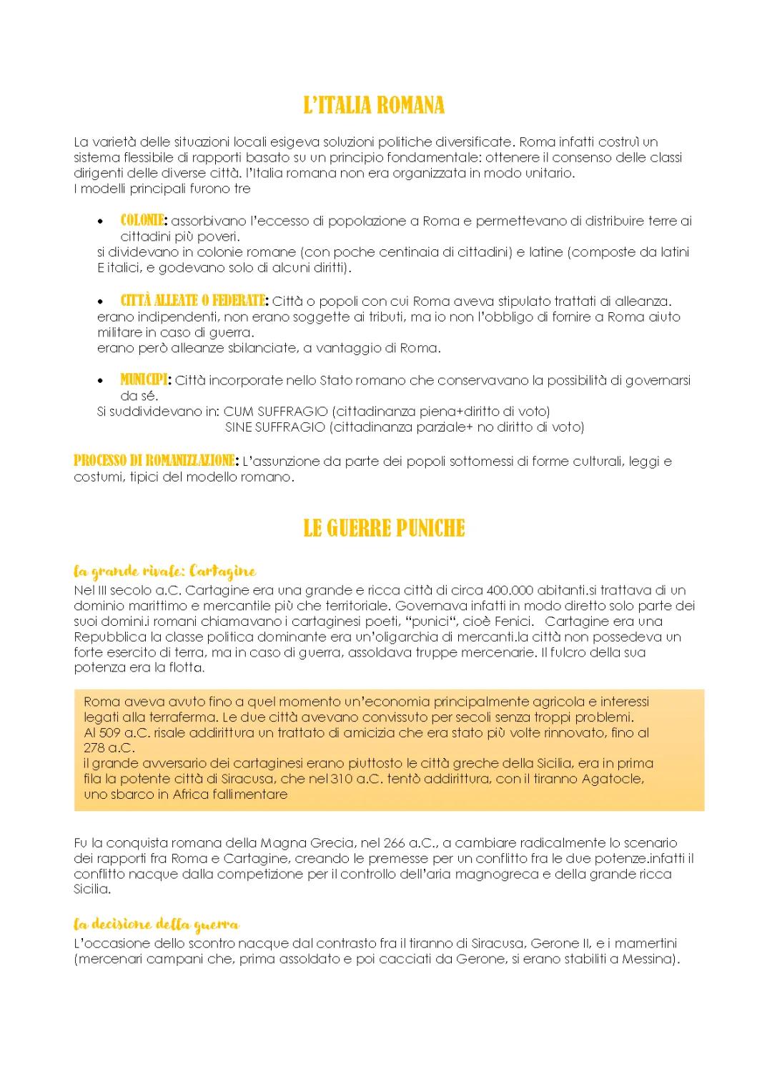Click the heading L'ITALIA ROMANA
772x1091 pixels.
click(x=374, y=106)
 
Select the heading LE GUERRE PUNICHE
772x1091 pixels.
click(x=384, y=529)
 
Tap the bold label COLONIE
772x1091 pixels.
click(x=143, y=221)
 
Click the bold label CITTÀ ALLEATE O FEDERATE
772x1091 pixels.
click(x=193, y=301)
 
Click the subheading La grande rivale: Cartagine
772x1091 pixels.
click(x=164, y=572)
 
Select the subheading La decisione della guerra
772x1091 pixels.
click(x=156, y=925)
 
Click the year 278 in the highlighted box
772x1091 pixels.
click(x=96, y=748)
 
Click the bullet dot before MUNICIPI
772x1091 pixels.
click(x=104, y=382)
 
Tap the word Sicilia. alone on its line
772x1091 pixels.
click(x=92, y=890)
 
